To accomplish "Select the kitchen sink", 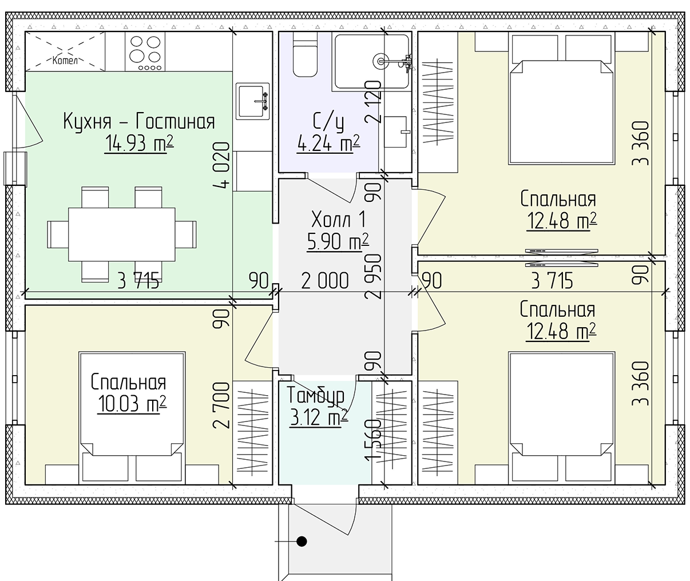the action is [252, 101].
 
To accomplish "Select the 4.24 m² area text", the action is [328, 143].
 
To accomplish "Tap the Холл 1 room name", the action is [338, 219].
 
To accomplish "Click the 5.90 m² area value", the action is [338, 242].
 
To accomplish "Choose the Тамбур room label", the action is [316, 395].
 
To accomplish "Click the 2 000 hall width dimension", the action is [324, 281].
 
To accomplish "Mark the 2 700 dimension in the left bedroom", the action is [223, 405].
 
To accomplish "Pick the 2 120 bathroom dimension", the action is [375, 102].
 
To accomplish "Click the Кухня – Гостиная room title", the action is [138, 122].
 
